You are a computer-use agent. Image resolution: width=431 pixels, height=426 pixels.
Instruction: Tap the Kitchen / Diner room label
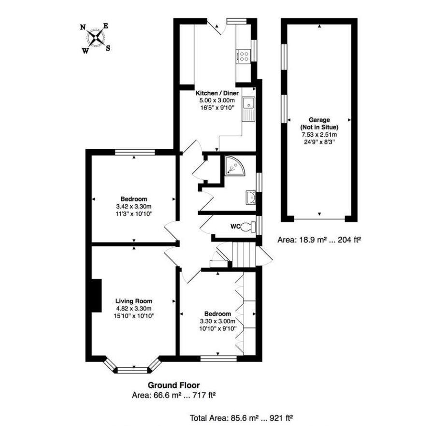coord(217,93)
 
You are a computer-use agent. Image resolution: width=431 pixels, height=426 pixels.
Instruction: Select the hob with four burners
coord(244,57)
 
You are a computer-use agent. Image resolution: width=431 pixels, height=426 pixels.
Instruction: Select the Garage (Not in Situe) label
coord(319,123)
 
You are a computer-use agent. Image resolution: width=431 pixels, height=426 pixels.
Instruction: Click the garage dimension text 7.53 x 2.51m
coord(319,135)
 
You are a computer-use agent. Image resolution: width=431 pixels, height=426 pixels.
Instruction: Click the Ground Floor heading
coord(173,385)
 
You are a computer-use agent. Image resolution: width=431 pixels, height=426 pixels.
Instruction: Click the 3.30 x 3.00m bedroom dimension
coord(217,321)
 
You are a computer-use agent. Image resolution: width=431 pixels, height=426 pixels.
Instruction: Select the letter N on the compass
coord(83,28)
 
